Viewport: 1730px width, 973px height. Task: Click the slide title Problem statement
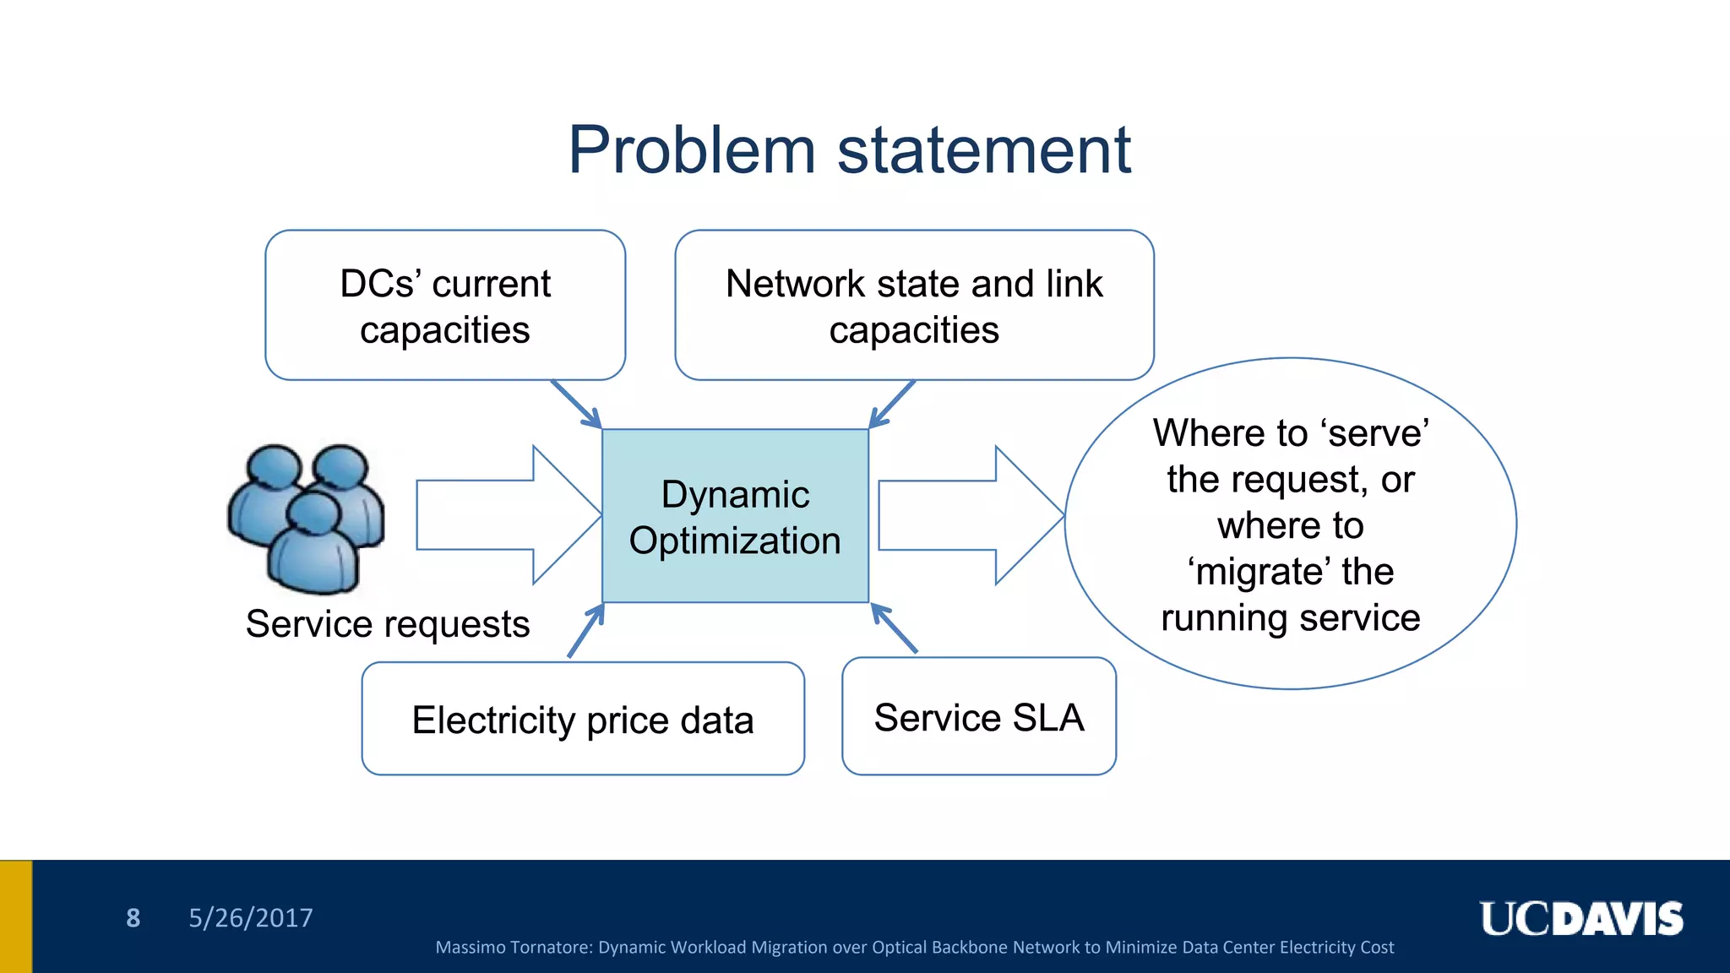(849, 150)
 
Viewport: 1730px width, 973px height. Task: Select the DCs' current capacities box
(445, 305)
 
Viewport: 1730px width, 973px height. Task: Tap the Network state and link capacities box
(914, 305)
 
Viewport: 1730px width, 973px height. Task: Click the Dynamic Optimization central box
(735, 516)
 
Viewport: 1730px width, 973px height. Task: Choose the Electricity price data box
(583, 719)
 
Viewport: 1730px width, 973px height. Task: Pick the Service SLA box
(979, 717)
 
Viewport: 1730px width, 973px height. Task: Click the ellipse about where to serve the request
(1290, 524)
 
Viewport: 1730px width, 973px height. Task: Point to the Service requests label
(388, 624)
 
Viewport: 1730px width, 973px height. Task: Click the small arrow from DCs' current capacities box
(576, 405)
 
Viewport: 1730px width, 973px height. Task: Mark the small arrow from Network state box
(892, 405)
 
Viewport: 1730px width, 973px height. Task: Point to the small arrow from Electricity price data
(586, 631)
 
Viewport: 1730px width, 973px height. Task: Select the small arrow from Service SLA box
(894, 628)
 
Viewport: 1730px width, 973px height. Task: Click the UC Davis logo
(1580, 919)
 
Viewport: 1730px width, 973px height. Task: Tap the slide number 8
(133, 918)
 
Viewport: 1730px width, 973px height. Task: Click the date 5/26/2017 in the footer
(250, 918)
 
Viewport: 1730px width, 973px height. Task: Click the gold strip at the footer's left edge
(16, 916)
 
